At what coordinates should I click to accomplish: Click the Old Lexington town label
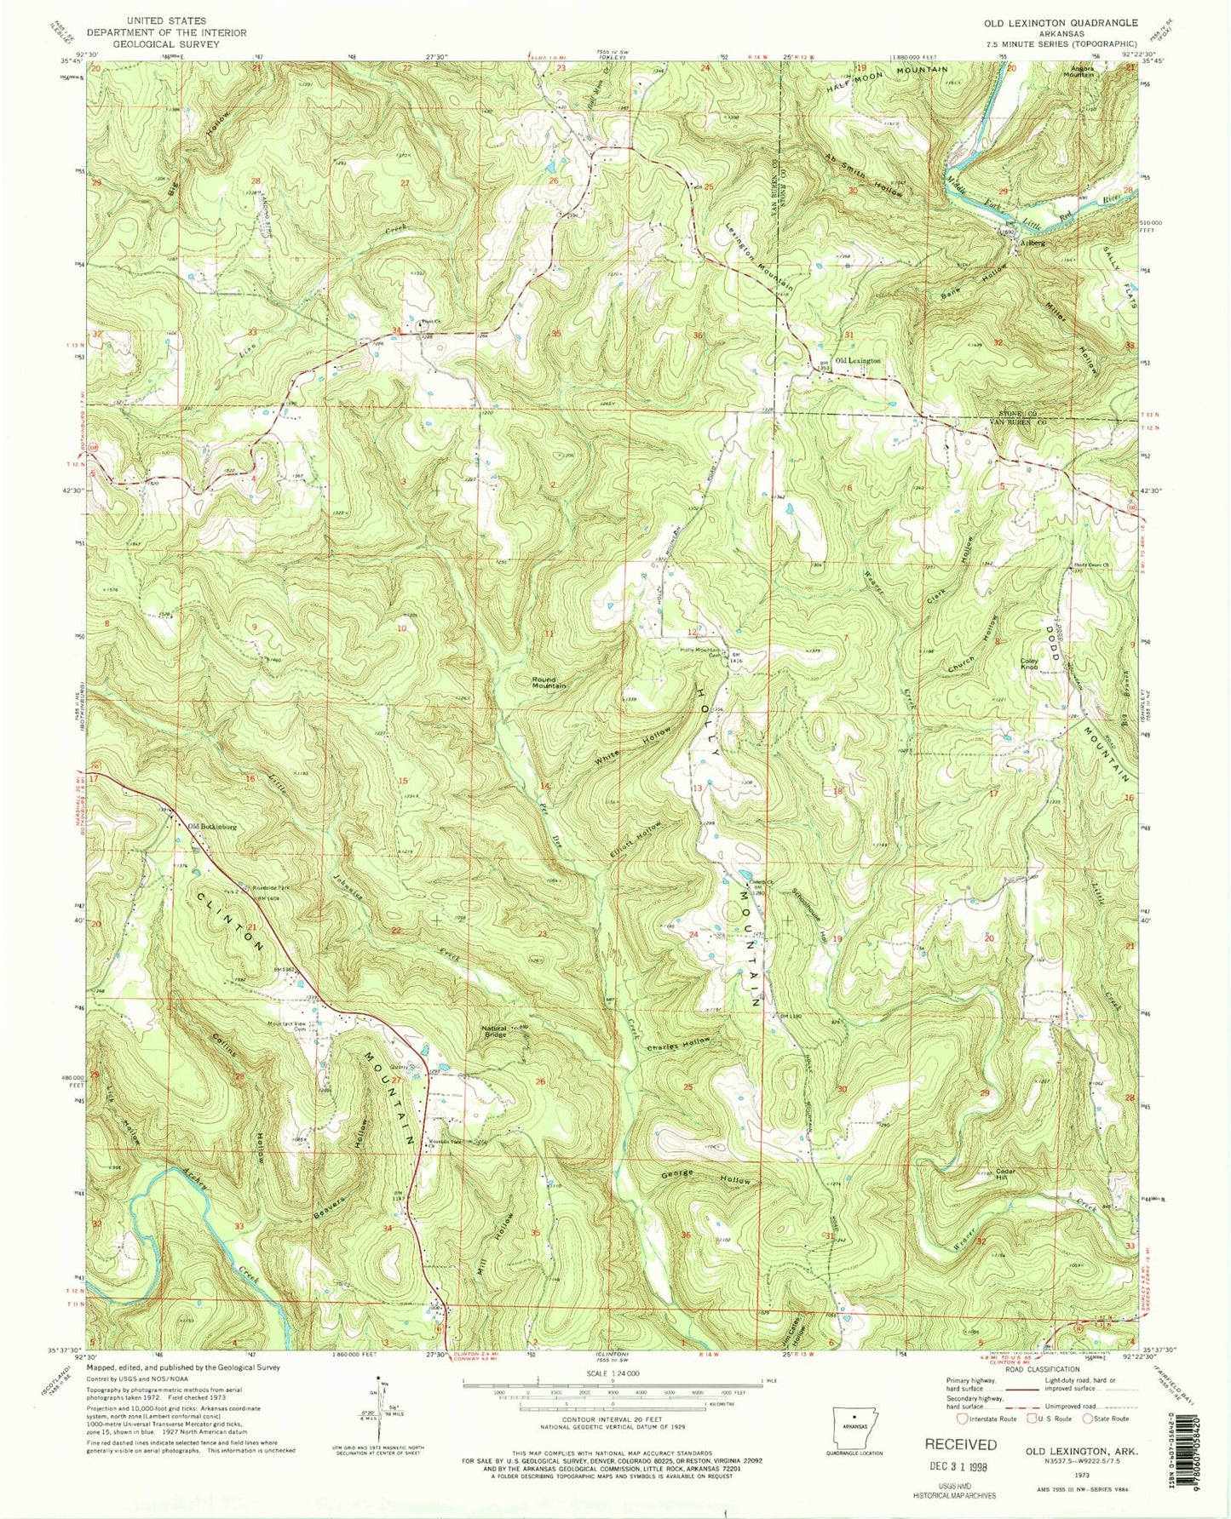(857, 361)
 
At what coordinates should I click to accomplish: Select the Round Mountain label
(549, 682)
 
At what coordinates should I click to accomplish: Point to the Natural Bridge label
(494, 1031)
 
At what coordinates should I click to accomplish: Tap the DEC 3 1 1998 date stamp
(962, 1466)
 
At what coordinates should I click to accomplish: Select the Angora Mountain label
(1075, 71)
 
